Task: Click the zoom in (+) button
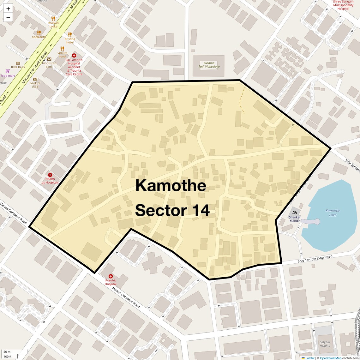point(8,9)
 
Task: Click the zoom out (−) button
point(8,17)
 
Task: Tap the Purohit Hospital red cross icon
point(111,276)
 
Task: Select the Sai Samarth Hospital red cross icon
point(74,56)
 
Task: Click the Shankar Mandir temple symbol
point(295,213)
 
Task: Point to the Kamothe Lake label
point(333,213)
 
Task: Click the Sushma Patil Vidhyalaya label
point(209,65)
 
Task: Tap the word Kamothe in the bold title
point(171,185)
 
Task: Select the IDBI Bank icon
point(18,63)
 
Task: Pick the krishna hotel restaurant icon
point(70,34)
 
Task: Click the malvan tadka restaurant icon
point(53,19)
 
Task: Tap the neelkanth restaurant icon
point(39,33)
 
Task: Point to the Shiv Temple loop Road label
point(315,259)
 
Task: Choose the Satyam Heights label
point(325,344)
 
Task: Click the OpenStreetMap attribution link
point(331,358)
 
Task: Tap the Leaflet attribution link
point(309,358)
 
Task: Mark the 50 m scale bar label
point(7,352)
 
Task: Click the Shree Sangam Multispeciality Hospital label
point(343,5)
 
